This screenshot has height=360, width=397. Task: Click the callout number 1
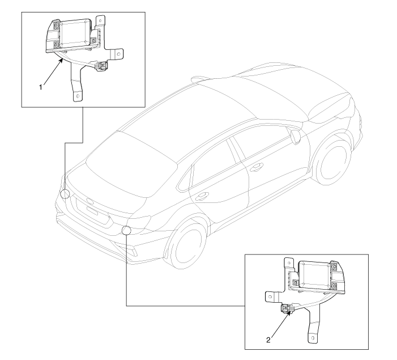(41, 87)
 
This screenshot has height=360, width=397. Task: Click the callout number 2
(268, 340)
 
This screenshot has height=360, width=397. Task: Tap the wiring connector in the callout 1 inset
(101, 66)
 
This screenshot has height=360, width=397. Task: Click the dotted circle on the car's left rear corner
(65, 194)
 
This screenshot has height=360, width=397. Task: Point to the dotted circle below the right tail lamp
(126, 230)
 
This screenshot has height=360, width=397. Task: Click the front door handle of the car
(256, 168)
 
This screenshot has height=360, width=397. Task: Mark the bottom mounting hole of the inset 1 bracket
(78, 96)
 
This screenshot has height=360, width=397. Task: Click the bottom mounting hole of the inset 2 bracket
(313, 338)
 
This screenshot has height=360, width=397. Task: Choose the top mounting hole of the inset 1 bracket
(100, 20)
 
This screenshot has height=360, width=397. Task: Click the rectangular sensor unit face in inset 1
(74, 33)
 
